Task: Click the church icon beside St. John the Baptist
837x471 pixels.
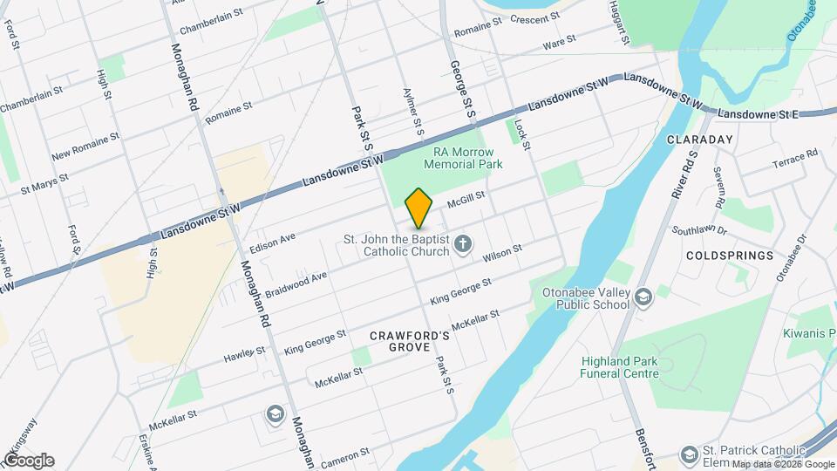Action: point(463,244)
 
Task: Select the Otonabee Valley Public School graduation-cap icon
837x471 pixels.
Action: point(643,297)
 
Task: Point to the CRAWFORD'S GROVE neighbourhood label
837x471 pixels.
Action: point(410,341)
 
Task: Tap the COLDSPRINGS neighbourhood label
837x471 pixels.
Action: point(730,256)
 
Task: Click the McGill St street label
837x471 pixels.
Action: point(465,202)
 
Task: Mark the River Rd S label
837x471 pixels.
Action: point(684,175)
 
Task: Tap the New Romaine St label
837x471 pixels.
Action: point(85,148)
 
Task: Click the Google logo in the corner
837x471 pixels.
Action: point(28,460)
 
